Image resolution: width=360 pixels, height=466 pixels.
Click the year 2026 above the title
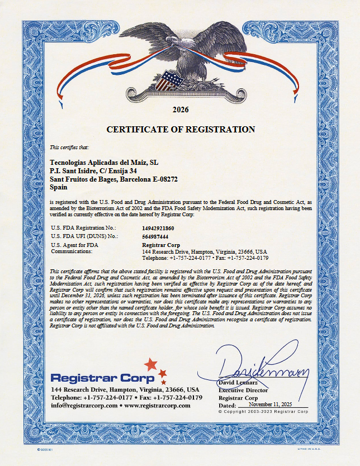click(x=181, y=110)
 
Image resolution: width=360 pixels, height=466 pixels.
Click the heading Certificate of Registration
click(x=181, y=130)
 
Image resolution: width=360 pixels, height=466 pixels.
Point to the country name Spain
click(x=59, y=188)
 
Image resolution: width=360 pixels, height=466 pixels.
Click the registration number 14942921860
click(x=158, y=228)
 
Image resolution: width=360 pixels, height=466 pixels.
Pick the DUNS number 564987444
click(x=155, y=236)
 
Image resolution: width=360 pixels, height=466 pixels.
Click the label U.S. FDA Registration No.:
click(x=83, y=228)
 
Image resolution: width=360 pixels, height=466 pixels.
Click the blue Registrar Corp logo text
click(x=94, y=378)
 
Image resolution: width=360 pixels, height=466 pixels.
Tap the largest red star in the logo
click(x=150, y=365)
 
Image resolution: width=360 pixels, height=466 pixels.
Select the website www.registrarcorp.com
click(x=157, y=405)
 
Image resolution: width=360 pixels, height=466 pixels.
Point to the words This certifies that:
click(x=69, y=148)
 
